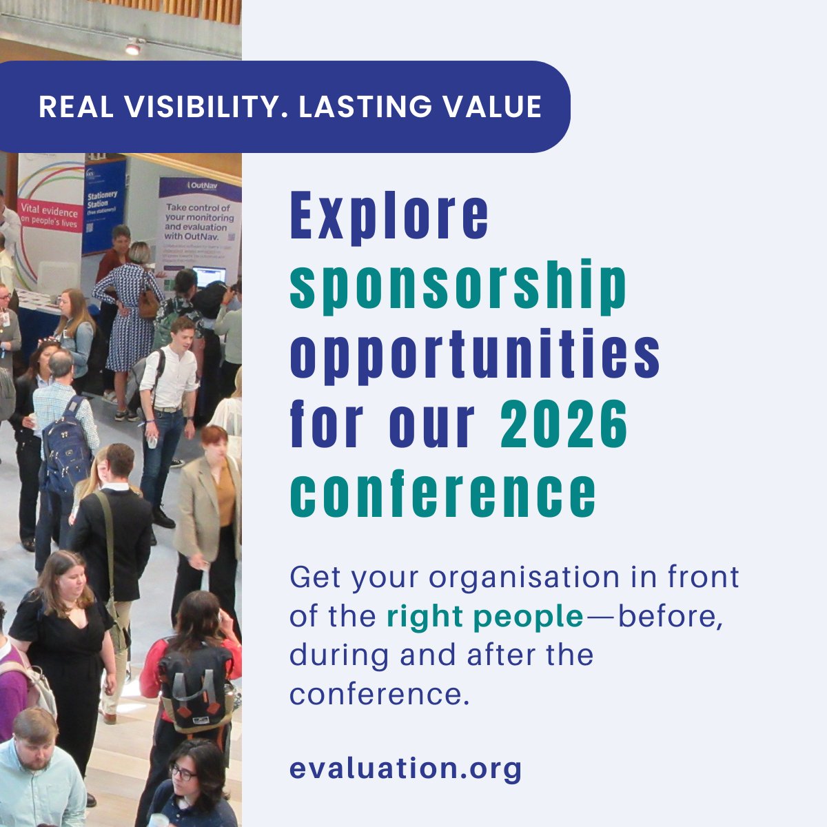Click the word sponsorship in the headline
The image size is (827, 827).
click(458, 284)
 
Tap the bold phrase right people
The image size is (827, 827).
click(484, 617)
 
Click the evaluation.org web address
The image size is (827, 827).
click(405, 768)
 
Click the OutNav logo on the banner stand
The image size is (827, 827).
click(199, 185)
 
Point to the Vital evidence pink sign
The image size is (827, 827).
click(50, 214)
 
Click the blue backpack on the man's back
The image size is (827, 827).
click(66, 444)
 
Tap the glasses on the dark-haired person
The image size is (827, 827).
click(183, 773)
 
